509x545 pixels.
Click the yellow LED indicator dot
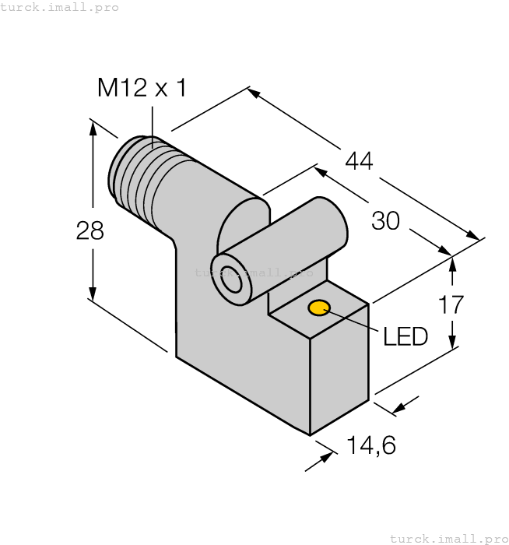pos(318,308)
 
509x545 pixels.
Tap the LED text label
pos(405,336)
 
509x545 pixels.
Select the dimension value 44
pos(359,161)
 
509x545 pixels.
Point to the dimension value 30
pos(385,221)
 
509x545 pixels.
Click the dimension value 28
pos(90,230)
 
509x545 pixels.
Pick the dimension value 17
pos(452,304)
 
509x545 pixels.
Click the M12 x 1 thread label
pos(142,89)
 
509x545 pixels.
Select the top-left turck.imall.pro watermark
pos(59,7)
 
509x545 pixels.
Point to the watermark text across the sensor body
pos(254,272)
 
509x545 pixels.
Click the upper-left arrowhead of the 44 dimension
pos(253,93)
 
